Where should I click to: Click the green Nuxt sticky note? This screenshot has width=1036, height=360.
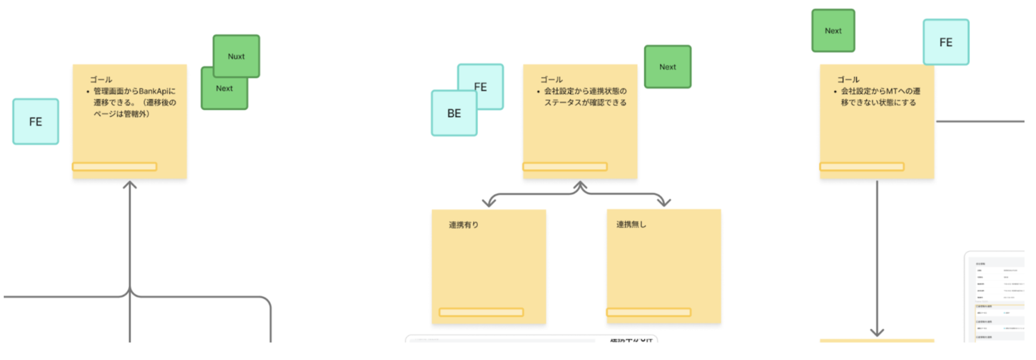click(x=236, y=56)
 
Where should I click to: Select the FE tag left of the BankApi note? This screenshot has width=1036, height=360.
click(x=36, y=121)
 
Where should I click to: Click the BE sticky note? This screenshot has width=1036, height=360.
click(x=454, y=113)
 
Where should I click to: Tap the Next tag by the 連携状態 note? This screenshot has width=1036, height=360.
click(x=667, y=67)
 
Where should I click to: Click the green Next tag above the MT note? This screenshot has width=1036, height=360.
click(x=833, y=31)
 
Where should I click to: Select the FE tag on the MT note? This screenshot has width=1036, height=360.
click(x=945, y=42)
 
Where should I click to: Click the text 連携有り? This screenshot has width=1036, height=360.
click(x=464, y=225)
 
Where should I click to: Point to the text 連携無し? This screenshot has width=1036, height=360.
click(x=631, y=224)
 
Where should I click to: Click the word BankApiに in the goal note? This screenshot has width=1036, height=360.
click(x=157, y=91)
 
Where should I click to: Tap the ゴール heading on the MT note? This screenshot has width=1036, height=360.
click(x=848, y=79)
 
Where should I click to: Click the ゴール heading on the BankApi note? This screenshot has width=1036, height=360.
click(x=101, y=79)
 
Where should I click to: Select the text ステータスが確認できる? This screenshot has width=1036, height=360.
click(x=585, y=103)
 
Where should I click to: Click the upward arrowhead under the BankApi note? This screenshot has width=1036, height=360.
click(x=129, y=185)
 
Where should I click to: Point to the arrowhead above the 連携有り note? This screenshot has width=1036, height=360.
click(x=488, y=202)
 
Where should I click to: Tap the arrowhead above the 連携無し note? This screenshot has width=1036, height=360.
click(x=665, y=202)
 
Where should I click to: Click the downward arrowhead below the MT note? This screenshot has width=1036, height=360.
click(x=877, y=332)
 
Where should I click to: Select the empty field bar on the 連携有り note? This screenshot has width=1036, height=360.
click(x=481, y=312)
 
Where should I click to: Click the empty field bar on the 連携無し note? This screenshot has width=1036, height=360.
click(x=649, y=312)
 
